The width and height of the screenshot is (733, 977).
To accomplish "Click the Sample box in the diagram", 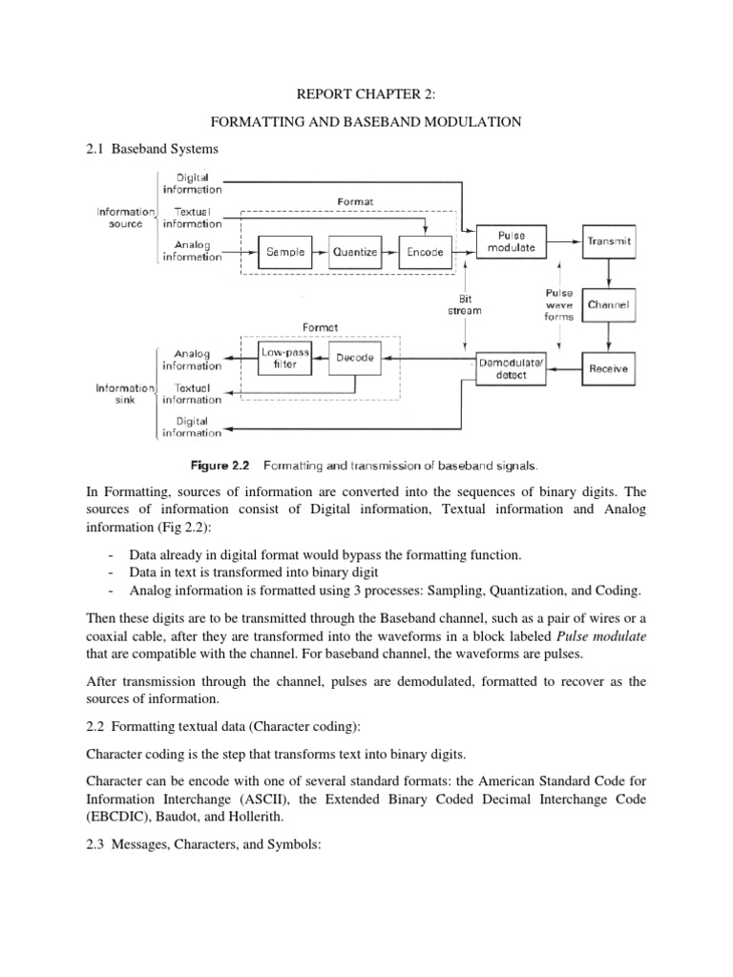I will (x=285, y=252).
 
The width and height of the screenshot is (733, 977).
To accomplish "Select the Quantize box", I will (x=355, y=252).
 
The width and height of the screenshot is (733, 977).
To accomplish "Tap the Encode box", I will (x=424, y=252).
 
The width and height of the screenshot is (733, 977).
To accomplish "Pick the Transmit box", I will (x=609, y=242).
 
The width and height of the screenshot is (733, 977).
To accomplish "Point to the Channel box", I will (x=609, y=305).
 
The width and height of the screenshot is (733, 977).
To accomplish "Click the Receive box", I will (x=609, y=367).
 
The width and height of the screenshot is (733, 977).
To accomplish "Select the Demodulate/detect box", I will (x=515, y=369).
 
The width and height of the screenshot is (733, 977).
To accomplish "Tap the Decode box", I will (x=355, y=359).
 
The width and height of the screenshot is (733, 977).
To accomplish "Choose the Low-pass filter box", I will (x=279, y=359).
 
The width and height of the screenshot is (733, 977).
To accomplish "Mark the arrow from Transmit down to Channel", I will (x=609, y=273).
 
